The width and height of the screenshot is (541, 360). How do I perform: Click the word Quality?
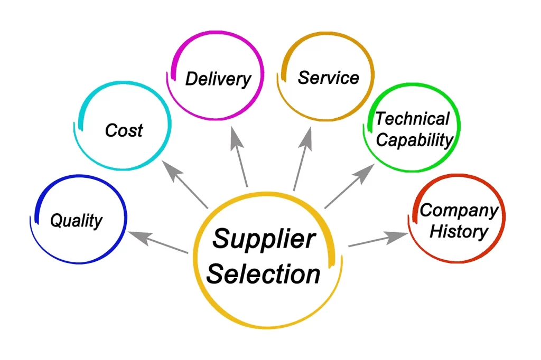[x=76, y=220]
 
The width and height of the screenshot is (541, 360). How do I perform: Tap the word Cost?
[x=124, y=130]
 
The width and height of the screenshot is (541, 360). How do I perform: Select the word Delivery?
[x=218, y=79]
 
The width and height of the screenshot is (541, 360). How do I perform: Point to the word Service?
[x=329, y=78]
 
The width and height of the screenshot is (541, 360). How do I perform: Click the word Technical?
[x=412, y=119]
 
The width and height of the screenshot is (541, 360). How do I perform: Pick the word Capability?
[x=414, y=140]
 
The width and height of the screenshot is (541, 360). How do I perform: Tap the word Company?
[x=459, y=210]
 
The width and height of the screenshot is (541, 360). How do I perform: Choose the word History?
[x=459, y=231]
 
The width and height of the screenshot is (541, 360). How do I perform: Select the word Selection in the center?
[x=263, y=274]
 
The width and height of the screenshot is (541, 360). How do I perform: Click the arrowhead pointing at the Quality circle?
[x=140, y=237]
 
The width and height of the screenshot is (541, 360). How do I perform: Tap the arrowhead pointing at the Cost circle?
[x=172, y=170]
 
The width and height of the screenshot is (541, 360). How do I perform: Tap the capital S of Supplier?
[x=223, y=238]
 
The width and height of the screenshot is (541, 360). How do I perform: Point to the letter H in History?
[x=437, y=231]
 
